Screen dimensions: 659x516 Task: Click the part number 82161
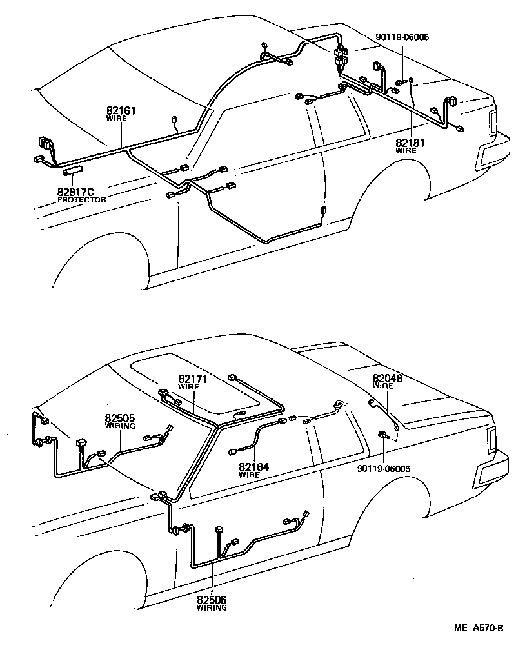pyautogui.click(x=121, y=111)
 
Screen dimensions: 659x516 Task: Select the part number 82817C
pyautogui.click(x=75, y=192)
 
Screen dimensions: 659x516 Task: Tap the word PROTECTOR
pyautogui.click(x=81, y=200)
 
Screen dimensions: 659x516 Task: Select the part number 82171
pyautogui.click(x=192, y=379)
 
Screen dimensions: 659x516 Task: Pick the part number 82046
pyautogui.click(x=387, y=379)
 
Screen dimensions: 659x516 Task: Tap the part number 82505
pyautogui.click(x=120, y=418)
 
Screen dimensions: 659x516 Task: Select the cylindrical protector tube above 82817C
pyautogui.click(x=74, y=172)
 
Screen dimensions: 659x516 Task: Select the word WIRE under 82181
pyautogui.click(x=406, y=150)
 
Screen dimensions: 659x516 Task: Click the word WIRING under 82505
pyautogui.click(x=120, y=426)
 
